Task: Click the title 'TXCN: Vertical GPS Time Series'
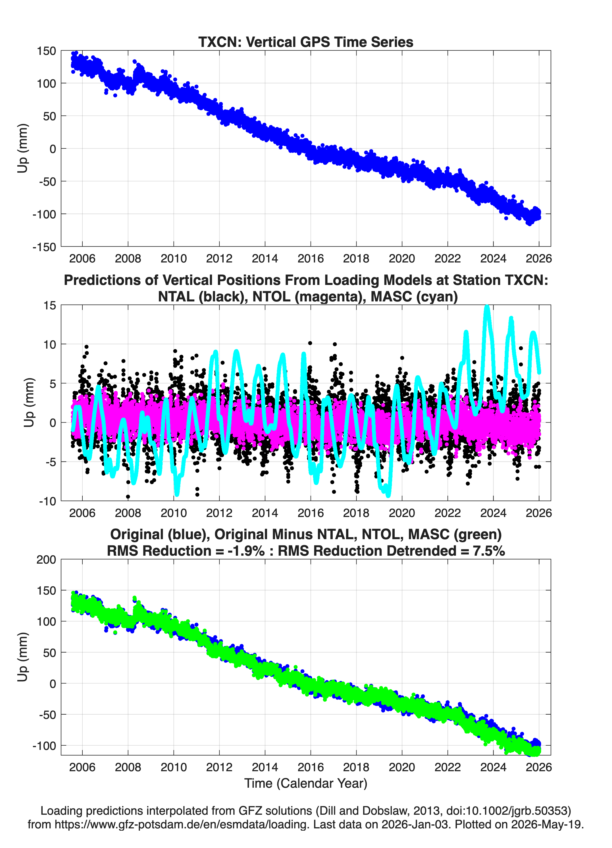pyautogui.click(x=306, y=42)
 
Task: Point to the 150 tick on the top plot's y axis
pyautogui.click(x=46, y=51)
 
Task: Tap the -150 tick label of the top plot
pyautogui.click(x=44, y=247)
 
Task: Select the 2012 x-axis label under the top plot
pyautogui.click(x=219, y=258)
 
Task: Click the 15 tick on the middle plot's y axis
pyautogui.click(x=50, y=305)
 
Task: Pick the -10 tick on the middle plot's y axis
pyautogui.click(x=47, y=501)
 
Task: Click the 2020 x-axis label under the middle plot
pyautogui.click(x=402, y=513)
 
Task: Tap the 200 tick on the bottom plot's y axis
pyautogui.click(x=46, y=559)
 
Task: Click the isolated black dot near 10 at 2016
pyautogui.click(x=310, y=343)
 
